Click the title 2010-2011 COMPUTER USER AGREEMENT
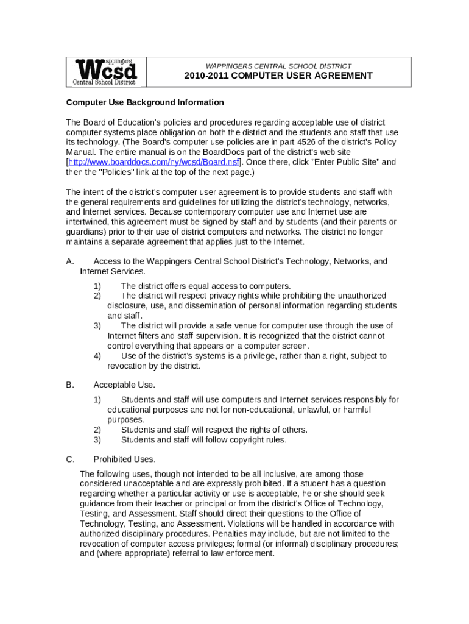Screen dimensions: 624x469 pyautogui.click(x=278, y=76)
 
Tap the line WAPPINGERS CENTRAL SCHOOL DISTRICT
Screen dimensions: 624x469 pyautogui.click(x=278, y=66)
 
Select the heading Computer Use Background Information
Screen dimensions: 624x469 pyautogui.click(x=145, y=102)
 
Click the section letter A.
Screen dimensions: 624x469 pyautogui.click(x=69, y=261)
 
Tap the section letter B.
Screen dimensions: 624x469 pyautogui.click(x=69, y=385)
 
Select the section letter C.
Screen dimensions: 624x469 pyautogui.click(x=69, y=459)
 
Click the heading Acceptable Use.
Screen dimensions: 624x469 pyautogui.click(x=124, y=385)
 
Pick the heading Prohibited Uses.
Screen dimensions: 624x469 pyautogui.click(x=124, y=459)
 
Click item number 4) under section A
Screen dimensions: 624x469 pyautogui.click(x=97, y=356)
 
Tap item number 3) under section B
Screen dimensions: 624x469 pyautogui.click(x=97, y=439)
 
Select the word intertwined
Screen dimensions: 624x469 pyautogui.click(x=87, y=222)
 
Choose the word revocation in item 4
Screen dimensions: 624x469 pyautogui.click(x=128, y=366)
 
